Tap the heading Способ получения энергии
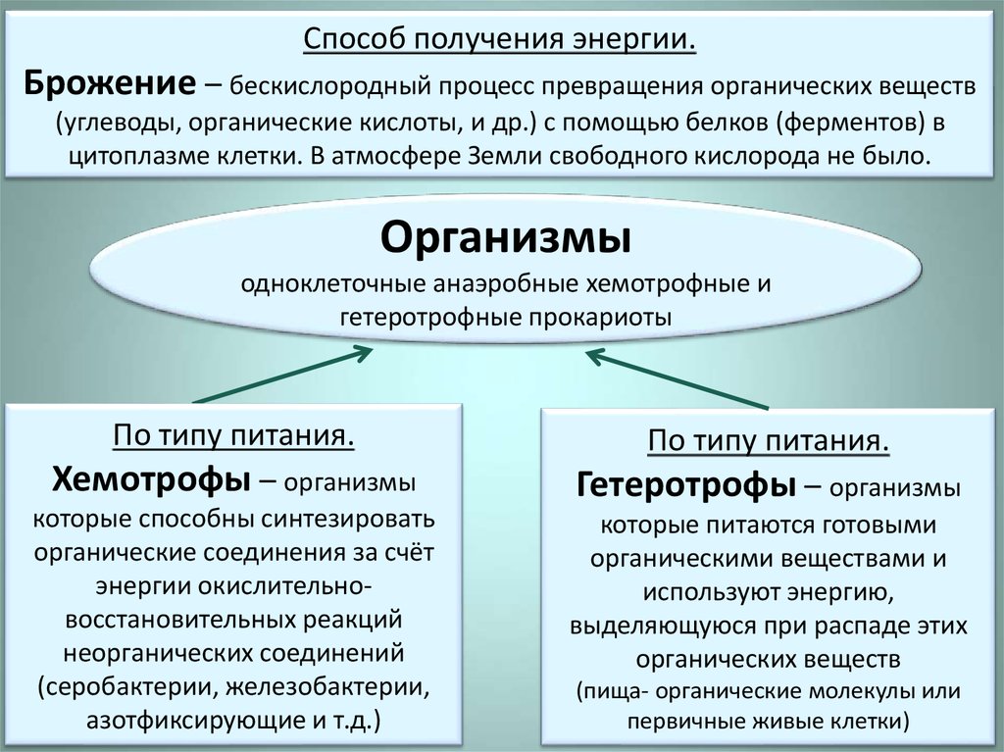[x=500, y=41]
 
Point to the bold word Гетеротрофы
[x=685, y=485]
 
